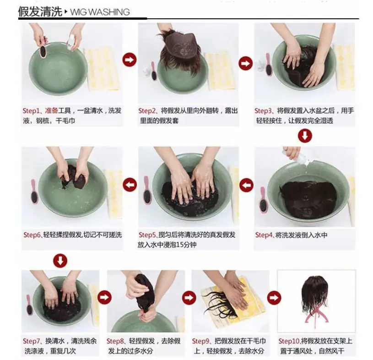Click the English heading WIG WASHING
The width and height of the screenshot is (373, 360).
pyautogui.click(x=100, y=12)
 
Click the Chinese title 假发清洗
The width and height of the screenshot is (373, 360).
pyautogui.click(x=40, y=11)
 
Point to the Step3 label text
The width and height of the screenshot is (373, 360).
pyautogui.click(x=264, y=111)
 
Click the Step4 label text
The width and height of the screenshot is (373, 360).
pyautogui.click(x=264, y=235)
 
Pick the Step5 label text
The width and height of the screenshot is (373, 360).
pyautogui.click(x=147, y=235)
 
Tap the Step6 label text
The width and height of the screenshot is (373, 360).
pyautogui.click(x=32, y=235)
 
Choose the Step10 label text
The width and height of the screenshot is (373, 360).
pyautogui.click(x=289, y=341)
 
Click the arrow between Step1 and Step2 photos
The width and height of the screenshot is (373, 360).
pyautogui.click(x=130, y=60)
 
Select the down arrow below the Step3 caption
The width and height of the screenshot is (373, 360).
pyautogui.click(x=305, y=136)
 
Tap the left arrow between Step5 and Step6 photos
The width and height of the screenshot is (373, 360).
pyautogui.click(x=130, y=185)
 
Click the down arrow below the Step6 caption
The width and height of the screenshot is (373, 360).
pyautogui.click(x=60, y=261)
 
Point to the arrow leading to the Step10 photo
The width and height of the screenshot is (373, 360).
pyautogui.click(x=274, y=298)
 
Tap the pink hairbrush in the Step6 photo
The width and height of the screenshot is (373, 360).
pyautogui.click(x=34, y=191)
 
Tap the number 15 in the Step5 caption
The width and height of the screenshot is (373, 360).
pyautogui.click(x=180, y=245)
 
